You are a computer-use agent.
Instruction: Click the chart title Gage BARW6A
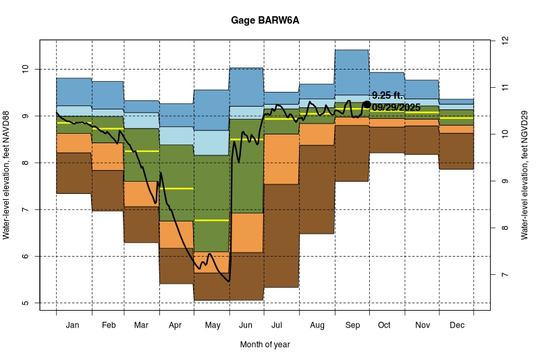coord(269,20)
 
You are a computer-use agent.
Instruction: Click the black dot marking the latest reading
coord(367,105)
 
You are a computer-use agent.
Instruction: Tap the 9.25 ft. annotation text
coord(387,96)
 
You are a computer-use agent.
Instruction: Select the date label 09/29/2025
coord(396,107)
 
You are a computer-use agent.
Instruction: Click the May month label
coord(212,325)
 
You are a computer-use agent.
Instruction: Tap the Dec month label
coord(456,325)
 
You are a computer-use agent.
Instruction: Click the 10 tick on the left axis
coord(26,69)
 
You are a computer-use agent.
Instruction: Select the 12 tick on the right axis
coord(504,41)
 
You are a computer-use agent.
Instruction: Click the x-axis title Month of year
coord(265,344)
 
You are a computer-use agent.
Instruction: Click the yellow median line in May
coord(212,220)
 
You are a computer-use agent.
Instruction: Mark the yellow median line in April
coord(176,188)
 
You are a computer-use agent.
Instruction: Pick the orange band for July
coord(281,159)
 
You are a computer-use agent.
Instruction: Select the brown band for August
coord(317,189)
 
